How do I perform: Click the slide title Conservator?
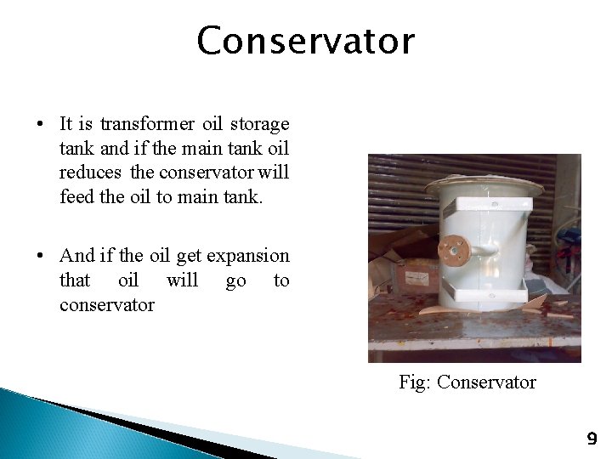click(x=305, y=41)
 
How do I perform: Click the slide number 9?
click(x=592, y=439)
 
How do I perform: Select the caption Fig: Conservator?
click(x=467, y=382)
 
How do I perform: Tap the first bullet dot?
click(x=41, y=124)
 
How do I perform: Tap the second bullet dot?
click(x=41, y=256)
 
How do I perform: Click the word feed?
click(x=76, y=196)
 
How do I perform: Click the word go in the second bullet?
click(x=235, y=280)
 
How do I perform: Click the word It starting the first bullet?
click(x=68, y=124)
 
